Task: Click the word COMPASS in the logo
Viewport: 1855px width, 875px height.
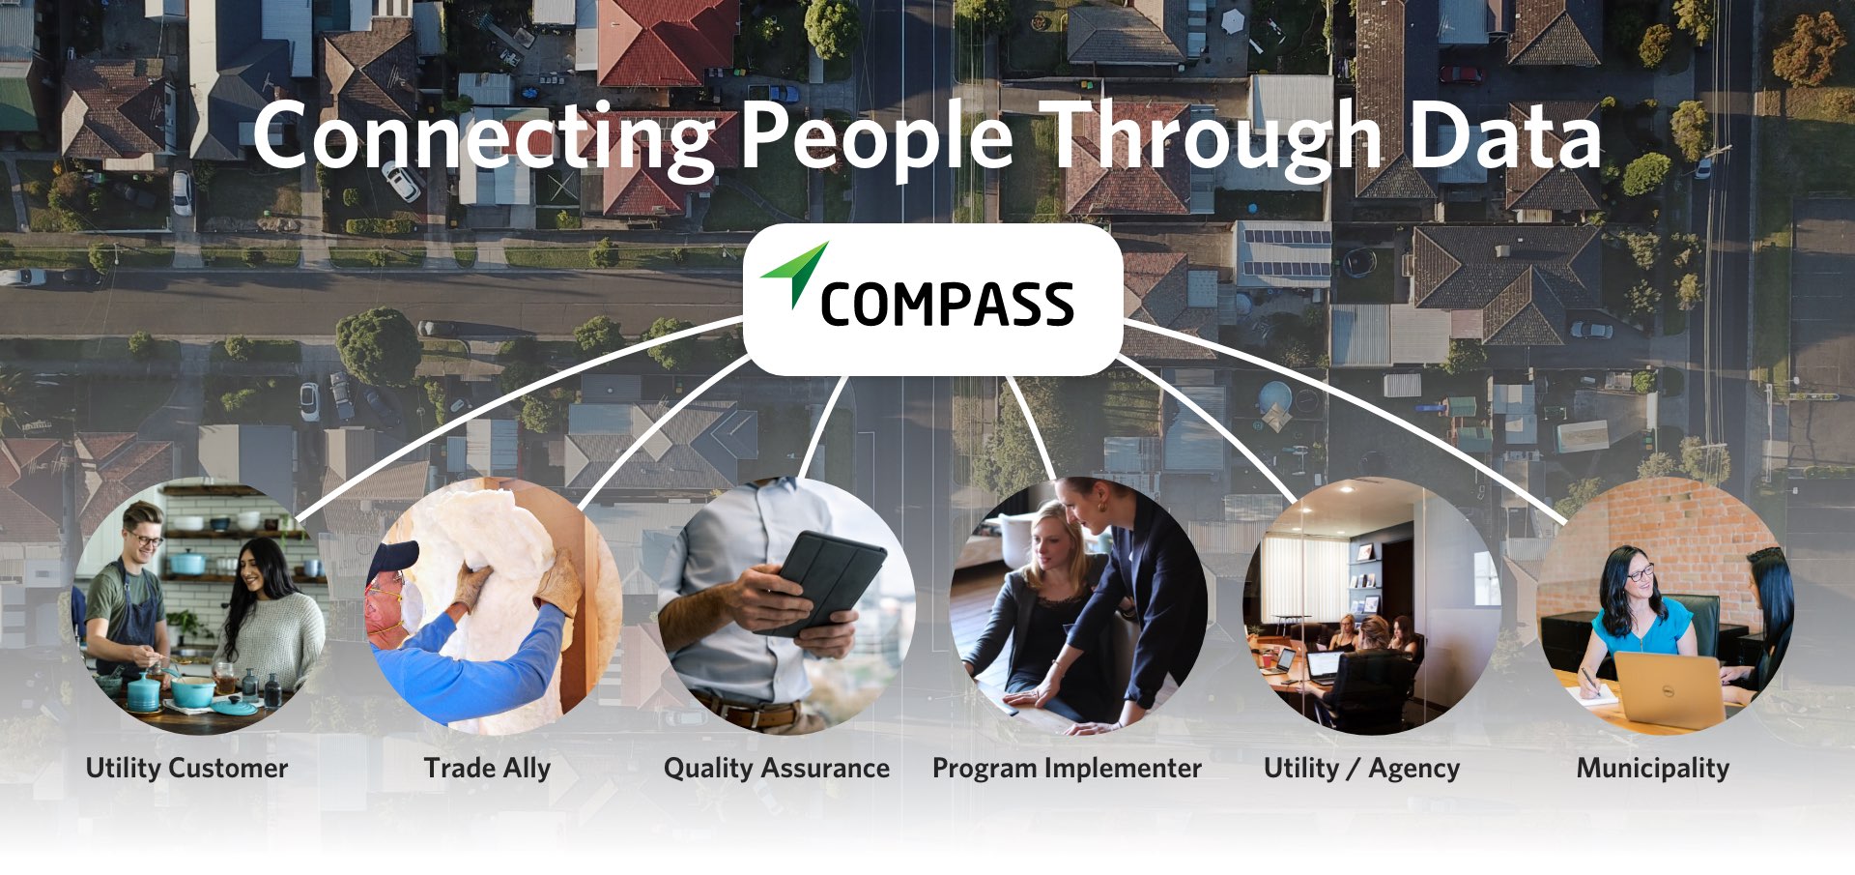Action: click(x=947, y=305)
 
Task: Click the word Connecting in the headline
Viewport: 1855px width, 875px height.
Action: click(x=483, y=137)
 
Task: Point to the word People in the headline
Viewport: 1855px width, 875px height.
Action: click(x=877, y=137)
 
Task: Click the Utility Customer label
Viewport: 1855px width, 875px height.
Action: click(x=187, y=769)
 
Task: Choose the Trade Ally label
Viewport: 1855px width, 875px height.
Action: click(x=487, y=769)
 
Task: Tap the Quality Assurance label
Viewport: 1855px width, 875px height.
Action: click(x=777, y=769)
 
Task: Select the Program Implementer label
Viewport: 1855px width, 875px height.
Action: click(x=1067, y=769)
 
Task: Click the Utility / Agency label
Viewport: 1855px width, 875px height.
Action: click(x=1361, y=769)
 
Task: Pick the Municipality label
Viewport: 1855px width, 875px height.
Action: click(x=1653, y=769)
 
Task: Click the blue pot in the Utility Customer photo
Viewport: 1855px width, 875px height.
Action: click(x=192, y=690)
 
